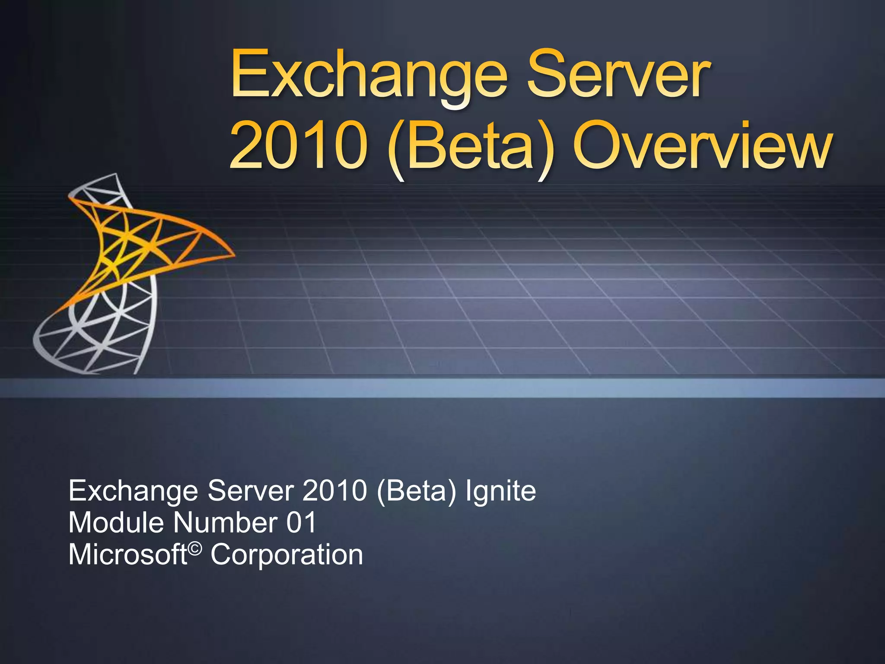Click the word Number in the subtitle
[x=225, y=523]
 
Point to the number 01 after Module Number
[x=301, y=523]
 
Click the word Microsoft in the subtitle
[x=128, y=555]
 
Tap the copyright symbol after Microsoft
[x=195, y=549]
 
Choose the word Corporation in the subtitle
[x=287, y=555]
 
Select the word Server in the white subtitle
[x=251, y=491]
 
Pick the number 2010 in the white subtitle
[x=334, y=491]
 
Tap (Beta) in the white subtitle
[x=417, y=491]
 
